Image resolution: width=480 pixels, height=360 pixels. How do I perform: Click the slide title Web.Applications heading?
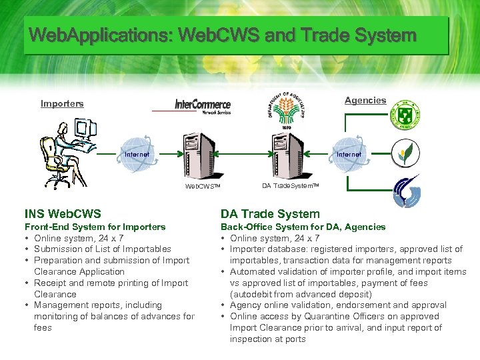[x=223, y=35]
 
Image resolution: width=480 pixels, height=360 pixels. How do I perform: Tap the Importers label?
[x=62, y=103]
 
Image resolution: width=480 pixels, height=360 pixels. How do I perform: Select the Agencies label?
[x=365, y=100]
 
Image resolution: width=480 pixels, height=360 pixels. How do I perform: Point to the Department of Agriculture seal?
[x=285, y=108]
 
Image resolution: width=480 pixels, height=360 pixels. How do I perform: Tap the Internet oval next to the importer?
[x=137, y=155]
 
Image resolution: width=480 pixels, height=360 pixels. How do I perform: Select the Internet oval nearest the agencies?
[x=349, y=154]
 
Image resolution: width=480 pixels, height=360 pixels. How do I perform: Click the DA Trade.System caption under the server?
[x=291, y=186]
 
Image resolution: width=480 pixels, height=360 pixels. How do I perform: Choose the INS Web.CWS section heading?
[x=63, y=214]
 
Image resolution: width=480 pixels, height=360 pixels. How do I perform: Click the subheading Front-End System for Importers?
[x=95, y=227]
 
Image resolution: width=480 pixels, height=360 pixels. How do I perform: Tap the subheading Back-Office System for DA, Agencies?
[x=303, y=227]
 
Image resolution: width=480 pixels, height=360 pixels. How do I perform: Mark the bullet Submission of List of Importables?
[x=103, y=249]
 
